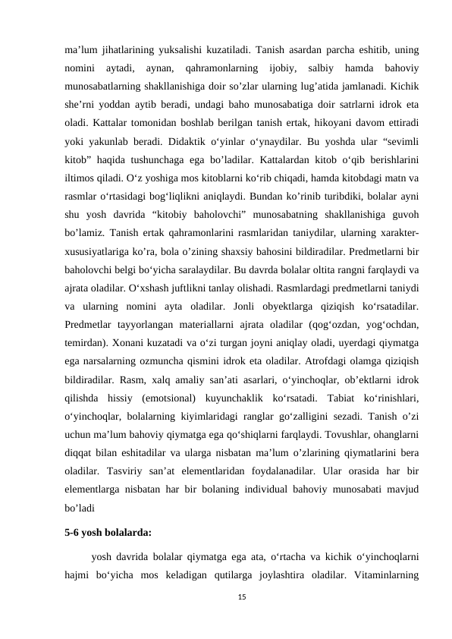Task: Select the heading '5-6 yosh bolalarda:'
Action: pos(108,532)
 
